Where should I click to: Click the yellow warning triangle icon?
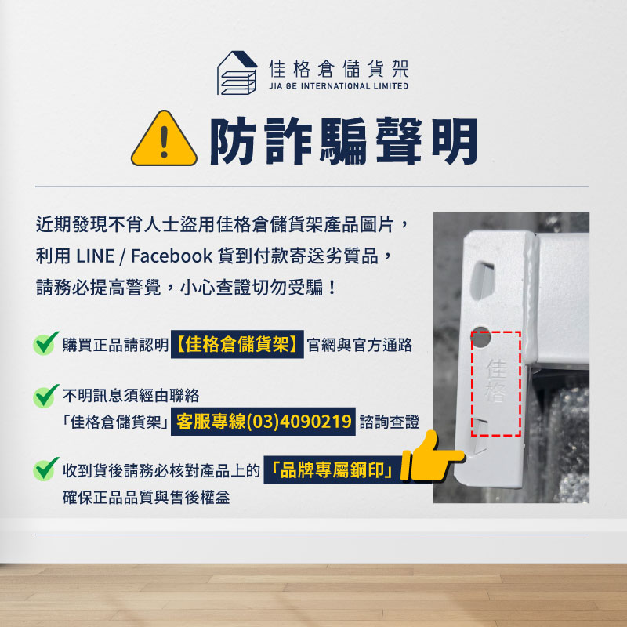[x=163, y=143]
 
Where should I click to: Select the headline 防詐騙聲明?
[x=342, y=143]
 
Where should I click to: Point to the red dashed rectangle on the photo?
[x=496, y=382]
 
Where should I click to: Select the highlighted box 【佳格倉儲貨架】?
[x=237, y=345]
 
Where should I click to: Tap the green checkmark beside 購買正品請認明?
[x=47, y=343]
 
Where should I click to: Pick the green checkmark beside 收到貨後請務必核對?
[x=47, y=469]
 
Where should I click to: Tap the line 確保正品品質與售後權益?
[x=147, y=498]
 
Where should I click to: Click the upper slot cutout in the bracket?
[x=484, y=278]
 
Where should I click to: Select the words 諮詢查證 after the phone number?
[x=389, y=422]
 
